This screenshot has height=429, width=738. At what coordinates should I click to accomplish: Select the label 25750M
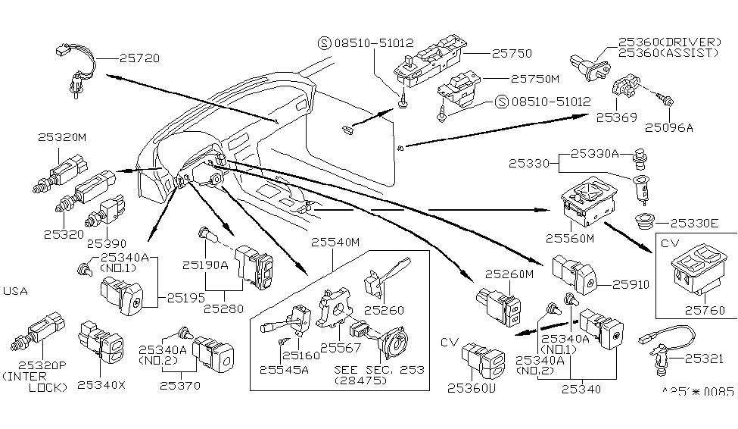pos(534,78)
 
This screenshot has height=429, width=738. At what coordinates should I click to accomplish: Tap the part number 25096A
pos(670,127)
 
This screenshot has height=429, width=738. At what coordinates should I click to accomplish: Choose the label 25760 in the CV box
pos(705,310)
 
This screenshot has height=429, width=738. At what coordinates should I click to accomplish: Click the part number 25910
pos(632,285)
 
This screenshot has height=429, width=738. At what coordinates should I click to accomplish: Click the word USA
pos(17,291)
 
